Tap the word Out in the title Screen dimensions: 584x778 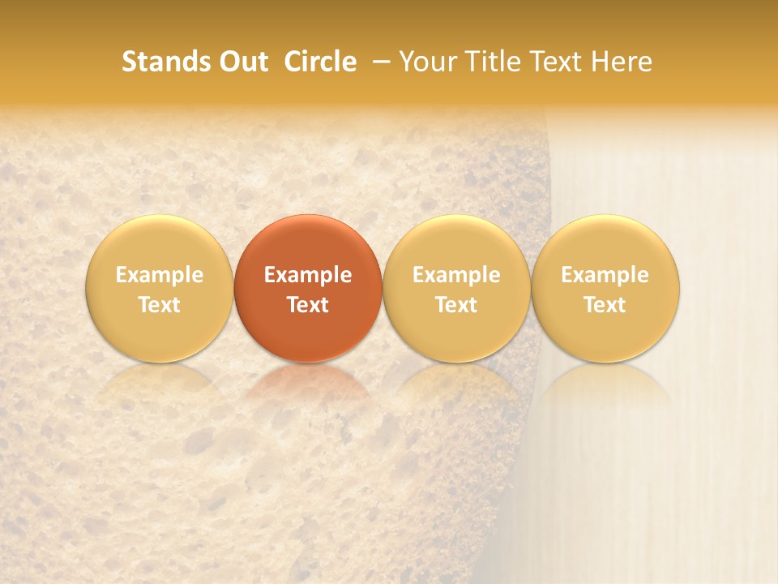pyautogui.click(x=242, y=62)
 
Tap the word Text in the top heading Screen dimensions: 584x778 pyautogui.click(x=554, y=62)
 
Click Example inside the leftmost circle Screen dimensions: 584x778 pyautogui.click(x=160, y=275)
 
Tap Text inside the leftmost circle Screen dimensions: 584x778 pyautogui.click(x=160, y=305)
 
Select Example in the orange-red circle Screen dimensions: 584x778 pyautogui.click(x=308, y=275)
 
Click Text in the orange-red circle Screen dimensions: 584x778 pyautogui.click(x=308, y=305)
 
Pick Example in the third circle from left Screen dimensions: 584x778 pyautogui.click(x=456, y=275)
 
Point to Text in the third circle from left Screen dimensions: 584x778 pyautogui.click(x=456, y=305)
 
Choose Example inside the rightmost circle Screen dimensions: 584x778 pyautogui.click(x=605, y=275)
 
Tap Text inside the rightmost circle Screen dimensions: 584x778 pyautogui.click(x=605, y=305)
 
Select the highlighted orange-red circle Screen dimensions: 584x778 pyautogui.click(x=308, y=243)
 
